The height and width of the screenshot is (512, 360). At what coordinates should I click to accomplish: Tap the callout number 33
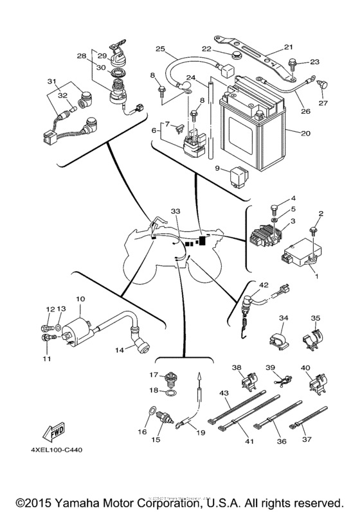(x=175, y=211)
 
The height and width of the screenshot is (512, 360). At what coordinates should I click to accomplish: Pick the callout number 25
(x=160, y=48)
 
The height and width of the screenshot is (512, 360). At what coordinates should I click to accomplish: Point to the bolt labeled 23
(x=292, y=63)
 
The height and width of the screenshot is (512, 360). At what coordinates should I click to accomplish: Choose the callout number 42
(x=263, y=285)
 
